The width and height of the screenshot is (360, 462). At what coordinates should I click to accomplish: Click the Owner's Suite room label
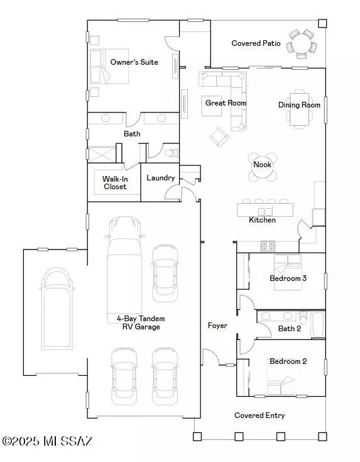(134, 62)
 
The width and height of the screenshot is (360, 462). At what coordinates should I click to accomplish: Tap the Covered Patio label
(256, 43)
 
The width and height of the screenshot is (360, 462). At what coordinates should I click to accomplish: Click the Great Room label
(226, 102)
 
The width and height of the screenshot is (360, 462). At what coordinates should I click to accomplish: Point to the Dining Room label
(299, 105)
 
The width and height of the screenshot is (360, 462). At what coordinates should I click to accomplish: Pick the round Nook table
(262, 166)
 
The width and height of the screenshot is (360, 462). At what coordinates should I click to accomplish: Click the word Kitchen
(262, 220)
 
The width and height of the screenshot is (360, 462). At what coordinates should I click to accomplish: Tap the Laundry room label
(160, 178)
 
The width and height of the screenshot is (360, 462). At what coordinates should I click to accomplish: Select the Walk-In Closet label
(114, 183)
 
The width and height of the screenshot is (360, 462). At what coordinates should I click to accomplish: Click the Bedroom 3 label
(288, 278)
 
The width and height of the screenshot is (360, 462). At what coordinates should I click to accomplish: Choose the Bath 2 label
(290, 328)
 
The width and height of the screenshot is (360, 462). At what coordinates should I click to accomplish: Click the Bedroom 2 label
(288, 361)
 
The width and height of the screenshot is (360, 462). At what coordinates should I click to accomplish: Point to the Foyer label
(217, 326)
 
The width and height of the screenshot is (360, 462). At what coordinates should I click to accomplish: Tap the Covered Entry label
(259, 415)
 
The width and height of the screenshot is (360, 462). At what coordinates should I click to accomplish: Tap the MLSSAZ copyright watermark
(47, 441)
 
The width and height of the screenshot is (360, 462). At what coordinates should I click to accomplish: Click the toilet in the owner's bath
(170, 152)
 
